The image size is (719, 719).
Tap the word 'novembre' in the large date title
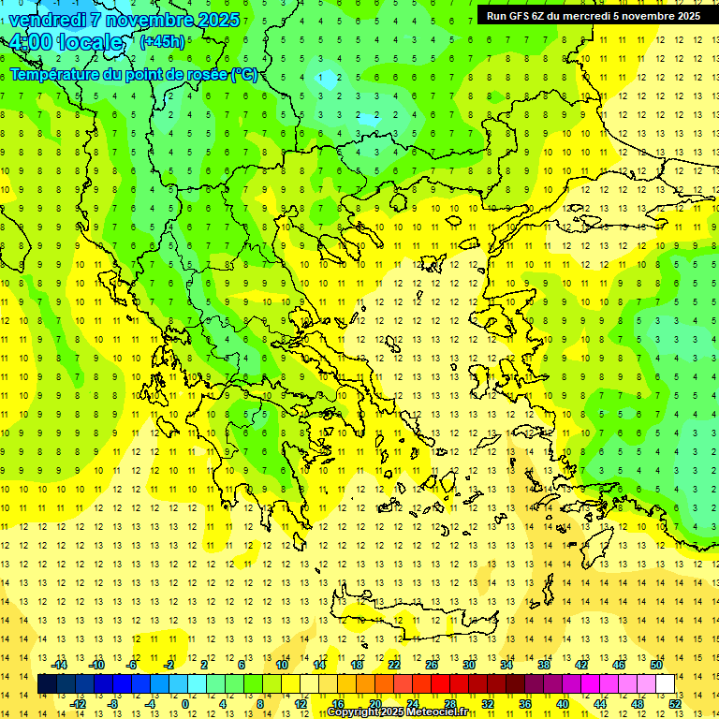151,19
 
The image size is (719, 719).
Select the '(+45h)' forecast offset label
162,41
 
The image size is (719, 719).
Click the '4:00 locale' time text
66,42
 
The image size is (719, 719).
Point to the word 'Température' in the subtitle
55,74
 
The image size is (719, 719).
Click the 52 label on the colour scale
675,703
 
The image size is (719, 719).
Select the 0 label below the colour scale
185,703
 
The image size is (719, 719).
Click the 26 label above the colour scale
432,664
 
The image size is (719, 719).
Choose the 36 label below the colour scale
525,703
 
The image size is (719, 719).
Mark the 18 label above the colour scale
357,664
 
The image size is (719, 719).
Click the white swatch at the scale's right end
665,683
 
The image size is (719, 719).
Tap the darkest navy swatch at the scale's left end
47,683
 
